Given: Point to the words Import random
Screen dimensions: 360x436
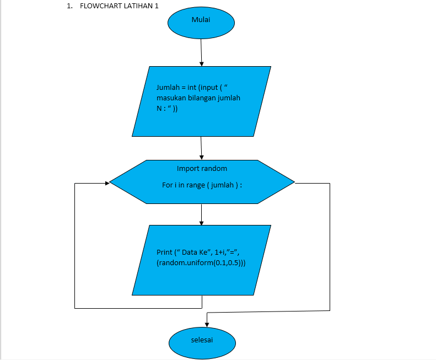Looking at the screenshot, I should [202, 168].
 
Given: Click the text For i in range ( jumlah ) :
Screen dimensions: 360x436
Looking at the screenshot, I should [202, 185].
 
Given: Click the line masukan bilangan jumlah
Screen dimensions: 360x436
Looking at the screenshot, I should [198, 98].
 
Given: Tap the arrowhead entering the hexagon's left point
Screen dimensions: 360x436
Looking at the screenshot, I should [106, 182].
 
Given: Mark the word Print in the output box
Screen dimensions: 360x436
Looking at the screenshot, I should [164, 252].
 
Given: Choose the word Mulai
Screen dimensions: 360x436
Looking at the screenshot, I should [201, 20].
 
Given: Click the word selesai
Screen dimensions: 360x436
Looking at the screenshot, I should [202, 340].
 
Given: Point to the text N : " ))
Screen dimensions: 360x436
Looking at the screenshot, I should [166, 109].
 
